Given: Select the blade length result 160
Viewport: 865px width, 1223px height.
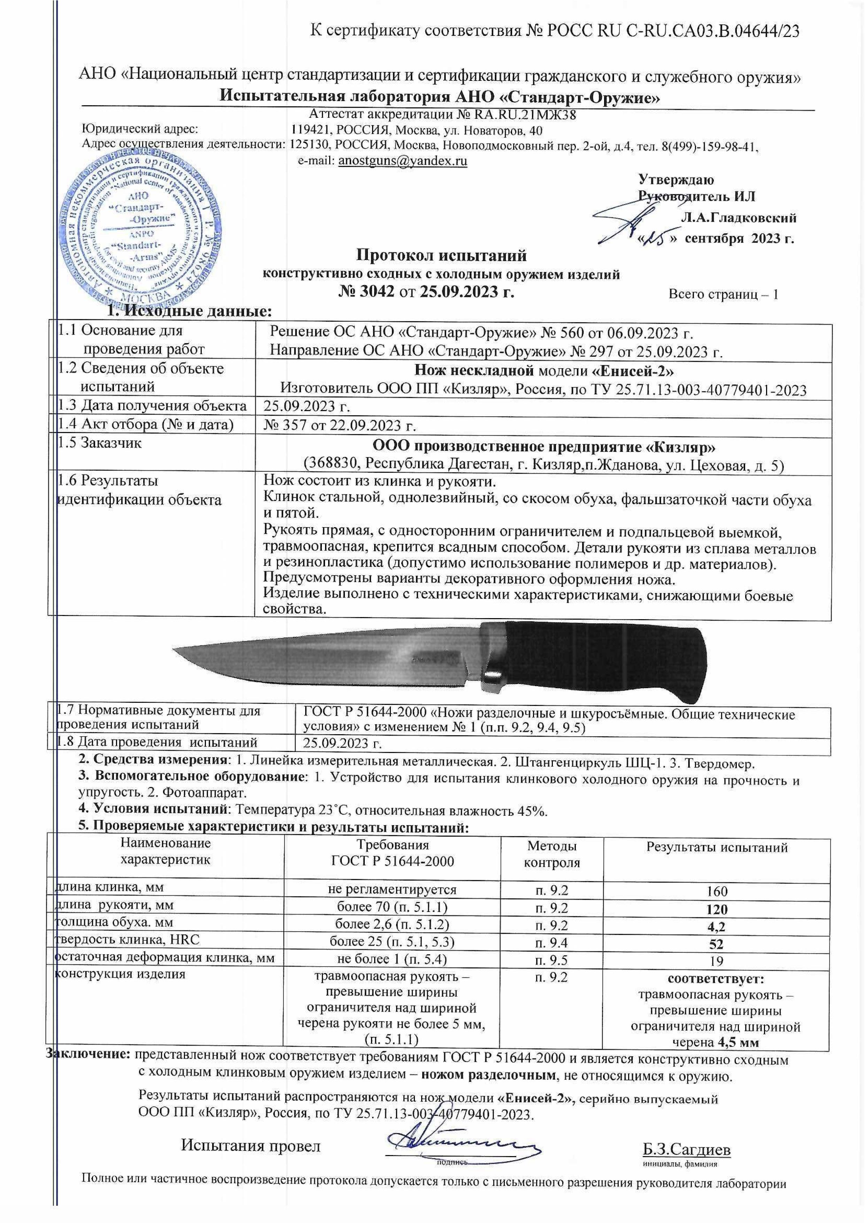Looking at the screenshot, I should pyautogui.click(x=717, y=891).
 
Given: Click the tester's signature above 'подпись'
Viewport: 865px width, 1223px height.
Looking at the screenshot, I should pyautogui.click(x=453, y=1139).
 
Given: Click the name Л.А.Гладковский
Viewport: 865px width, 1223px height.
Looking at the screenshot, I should pyautogui.click(x=739, y=218).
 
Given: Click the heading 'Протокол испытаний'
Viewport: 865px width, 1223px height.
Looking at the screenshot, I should pyautogui.click(x=441, y=256).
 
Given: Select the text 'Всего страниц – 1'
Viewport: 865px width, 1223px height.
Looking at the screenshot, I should pyautogui.click(x=723, y=294).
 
